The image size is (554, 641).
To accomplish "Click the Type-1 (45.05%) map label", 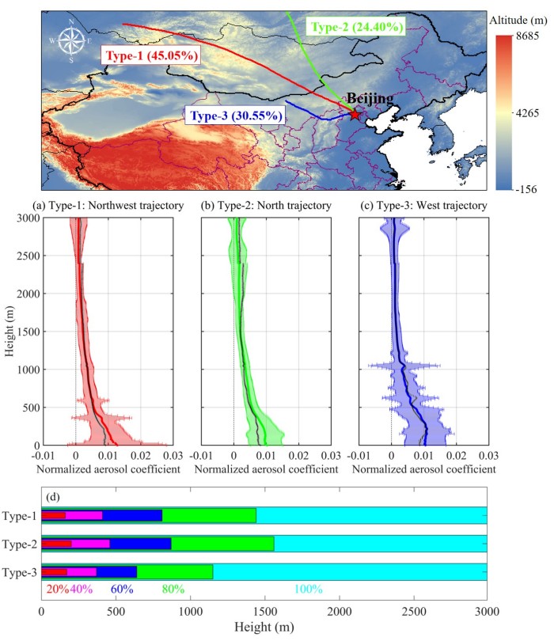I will coord(150,56).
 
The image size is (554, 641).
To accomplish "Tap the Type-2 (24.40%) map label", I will coord(358,27).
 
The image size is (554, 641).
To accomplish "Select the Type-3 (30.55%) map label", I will coord(237,115).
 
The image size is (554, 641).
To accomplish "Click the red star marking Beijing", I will coord(354,115).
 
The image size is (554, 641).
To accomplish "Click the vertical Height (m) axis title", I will coord(9,332).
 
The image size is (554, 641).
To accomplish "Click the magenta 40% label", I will coord(82,589).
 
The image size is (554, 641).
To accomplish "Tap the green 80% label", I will coord(173,589).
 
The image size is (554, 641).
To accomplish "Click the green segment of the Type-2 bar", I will coord(222,544).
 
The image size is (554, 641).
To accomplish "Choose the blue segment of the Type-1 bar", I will coord(132,516).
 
